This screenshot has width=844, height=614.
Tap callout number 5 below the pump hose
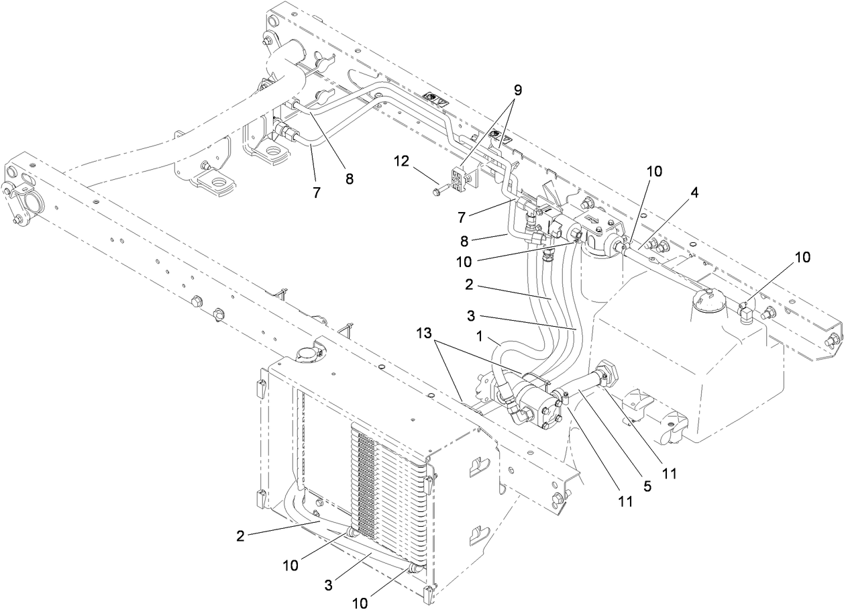pos(647,486)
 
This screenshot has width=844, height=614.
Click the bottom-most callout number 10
pos(360,603)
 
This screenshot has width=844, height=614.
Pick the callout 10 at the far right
pos(803,256)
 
